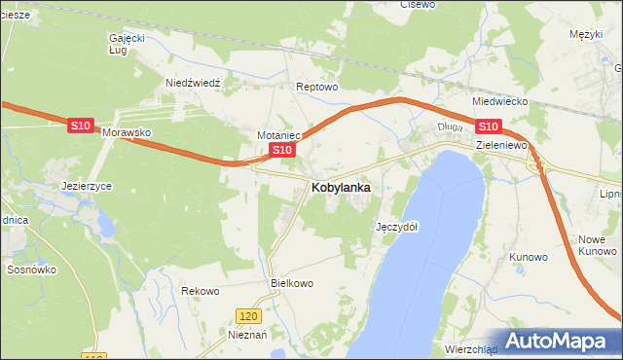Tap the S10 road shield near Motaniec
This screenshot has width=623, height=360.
pos(281,149)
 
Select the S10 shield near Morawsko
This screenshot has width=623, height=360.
pos(81,126)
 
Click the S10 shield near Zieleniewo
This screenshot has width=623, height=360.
pos(488,126)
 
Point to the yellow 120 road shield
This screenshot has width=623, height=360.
pos(249,316)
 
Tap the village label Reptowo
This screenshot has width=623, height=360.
pos(316,87)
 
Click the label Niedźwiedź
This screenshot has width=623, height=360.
pos(194,83)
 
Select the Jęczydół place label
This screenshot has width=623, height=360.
pos(396,227)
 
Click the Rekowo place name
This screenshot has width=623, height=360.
pos(201,291)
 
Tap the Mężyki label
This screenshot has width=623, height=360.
pos(587,34)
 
